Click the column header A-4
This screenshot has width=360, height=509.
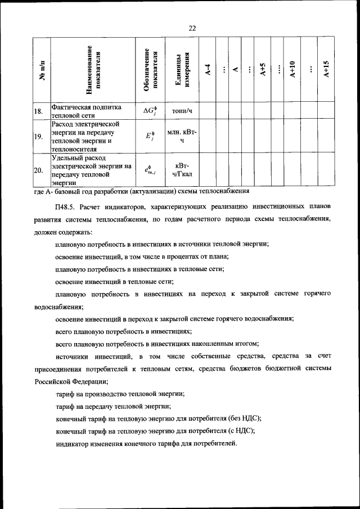(208, 70)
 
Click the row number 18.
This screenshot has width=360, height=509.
(38, 111)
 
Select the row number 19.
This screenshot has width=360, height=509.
(38, 136)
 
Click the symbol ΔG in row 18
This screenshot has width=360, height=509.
(150, 111)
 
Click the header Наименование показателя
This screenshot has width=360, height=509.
(93, 70)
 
